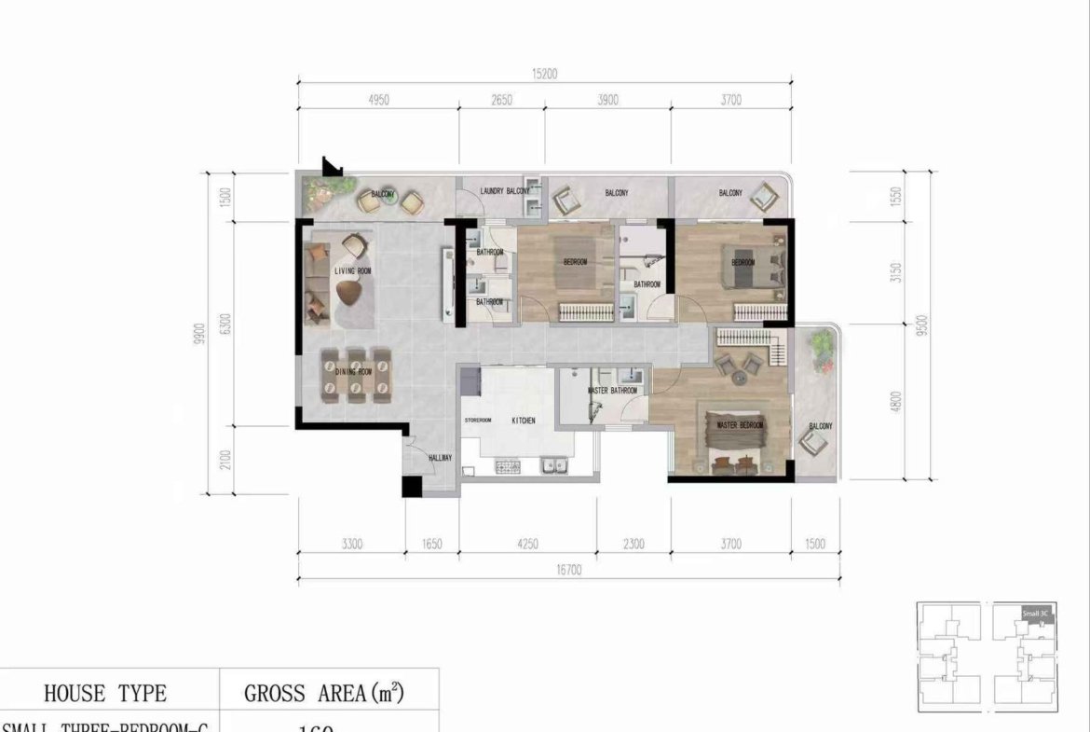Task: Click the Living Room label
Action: click(x=352, y=271)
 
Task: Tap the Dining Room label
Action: click(x=353, y=372)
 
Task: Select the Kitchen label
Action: click(x=524, y=421)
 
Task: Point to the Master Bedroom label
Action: click(x=740, y=426)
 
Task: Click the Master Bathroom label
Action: click(x=613, y=391)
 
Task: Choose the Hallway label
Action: click(x=440, y=458)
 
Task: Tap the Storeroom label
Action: click(x=478, y=421)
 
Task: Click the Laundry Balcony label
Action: click(x=504, y=191)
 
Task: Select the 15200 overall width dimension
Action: click(x=544, y=75)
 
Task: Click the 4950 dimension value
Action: click(x=377, y=101)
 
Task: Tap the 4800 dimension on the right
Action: click(x=897, y=402)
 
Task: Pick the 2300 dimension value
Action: click(x=633, y=544)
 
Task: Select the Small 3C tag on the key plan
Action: click(x=1035, y=613)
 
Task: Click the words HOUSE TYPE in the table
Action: click(x=105, y=693)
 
